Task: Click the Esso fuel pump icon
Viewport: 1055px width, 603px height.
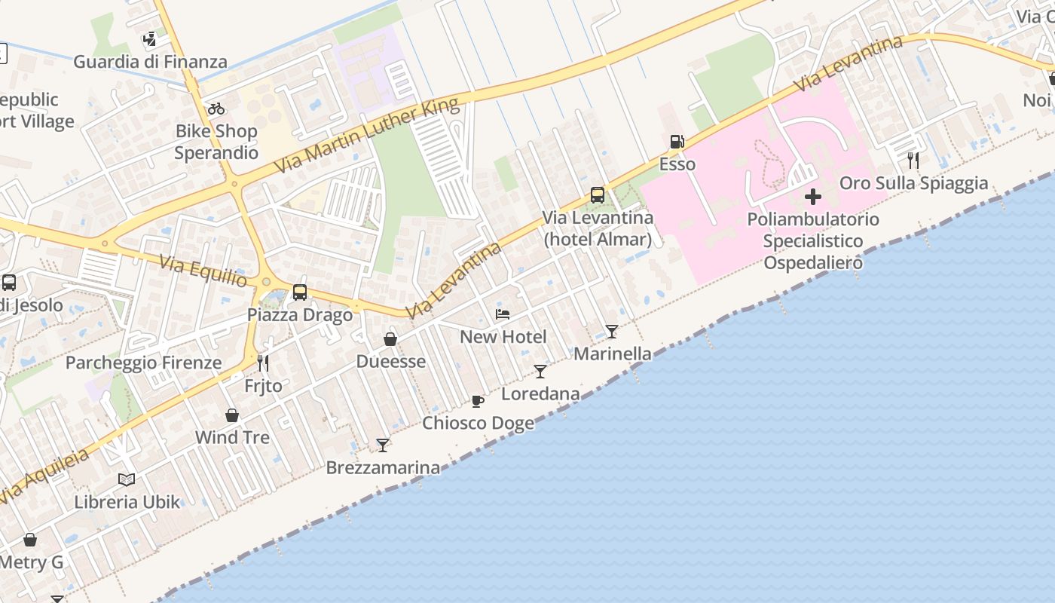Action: coord(677,142)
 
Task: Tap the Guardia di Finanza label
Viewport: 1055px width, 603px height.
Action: coord(150,62)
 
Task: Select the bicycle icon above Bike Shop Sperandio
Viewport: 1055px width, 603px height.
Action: coord(216,109)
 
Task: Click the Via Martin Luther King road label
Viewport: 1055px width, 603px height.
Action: coord(367,135)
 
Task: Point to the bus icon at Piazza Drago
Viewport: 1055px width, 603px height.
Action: coord(300,292)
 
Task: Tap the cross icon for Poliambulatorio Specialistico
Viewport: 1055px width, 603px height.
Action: coord(812,197)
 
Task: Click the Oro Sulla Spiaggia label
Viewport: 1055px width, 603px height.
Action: coord(913,183)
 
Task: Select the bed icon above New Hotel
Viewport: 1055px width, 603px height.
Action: coord(503,314)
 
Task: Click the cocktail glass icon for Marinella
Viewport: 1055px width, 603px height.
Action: coord(612,332)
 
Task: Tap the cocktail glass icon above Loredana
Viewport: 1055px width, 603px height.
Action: coord(540,372)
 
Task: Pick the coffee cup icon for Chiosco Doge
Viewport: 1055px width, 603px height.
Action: coord(477,401)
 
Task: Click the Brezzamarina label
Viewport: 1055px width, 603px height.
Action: coord(383,467)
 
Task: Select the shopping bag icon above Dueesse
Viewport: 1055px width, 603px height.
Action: coord(390,340)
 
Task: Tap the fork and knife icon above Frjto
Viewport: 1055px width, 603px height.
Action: coord(263,363)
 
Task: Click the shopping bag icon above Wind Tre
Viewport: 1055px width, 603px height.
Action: coord(232,415)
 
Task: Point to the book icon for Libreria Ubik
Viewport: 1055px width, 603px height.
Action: coord(127,479)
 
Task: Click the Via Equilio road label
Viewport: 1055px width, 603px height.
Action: coord(203,271)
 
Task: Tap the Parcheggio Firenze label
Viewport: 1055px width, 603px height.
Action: coord(143,363)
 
